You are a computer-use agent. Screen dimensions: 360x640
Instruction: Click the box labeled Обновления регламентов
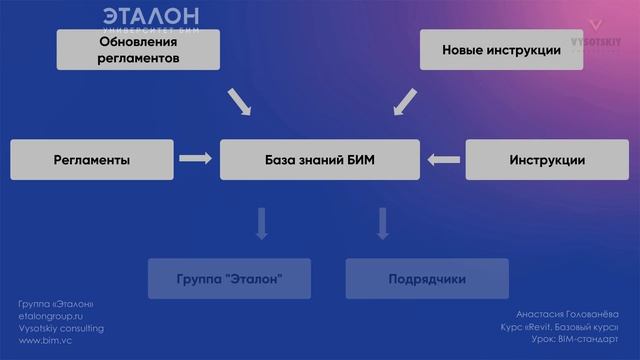pos(138,50)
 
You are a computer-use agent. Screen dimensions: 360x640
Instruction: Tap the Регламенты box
pos(91,160)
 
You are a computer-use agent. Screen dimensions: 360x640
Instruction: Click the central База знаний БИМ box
pos(320,160)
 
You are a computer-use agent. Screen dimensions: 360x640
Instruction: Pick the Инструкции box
pos(547,160)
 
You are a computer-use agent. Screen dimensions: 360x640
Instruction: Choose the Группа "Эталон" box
pos(228,279)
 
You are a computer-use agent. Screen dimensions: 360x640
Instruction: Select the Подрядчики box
pos(427,279)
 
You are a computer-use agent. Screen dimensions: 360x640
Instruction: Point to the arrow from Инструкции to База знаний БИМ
pos(442,158)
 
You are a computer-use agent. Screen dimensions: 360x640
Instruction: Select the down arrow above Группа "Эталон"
pos(262,223)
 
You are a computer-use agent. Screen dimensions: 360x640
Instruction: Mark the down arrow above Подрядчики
pos(381,223)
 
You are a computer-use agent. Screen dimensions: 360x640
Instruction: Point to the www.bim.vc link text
pos(45,340)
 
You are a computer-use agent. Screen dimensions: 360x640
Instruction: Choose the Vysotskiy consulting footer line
pos(61,328)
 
